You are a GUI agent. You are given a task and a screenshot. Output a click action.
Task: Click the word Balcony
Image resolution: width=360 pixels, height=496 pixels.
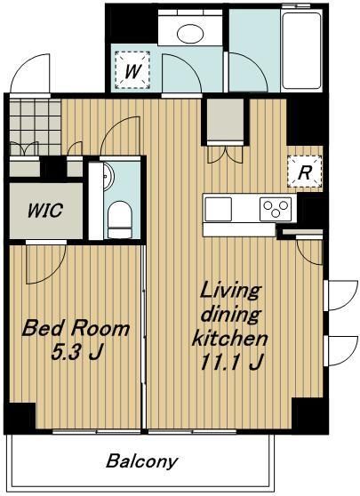[142, 461]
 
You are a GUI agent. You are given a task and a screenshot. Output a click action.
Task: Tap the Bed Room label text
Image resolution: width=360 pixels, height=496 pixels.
[76, 329]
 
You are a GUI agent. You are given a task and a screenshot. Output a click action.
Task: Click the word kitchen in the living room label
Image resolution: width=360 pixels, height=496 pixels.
[230, 339]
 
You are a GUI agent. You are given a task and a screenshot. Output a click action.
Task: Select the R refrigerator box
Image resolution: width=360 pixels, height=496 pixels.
[303, 172]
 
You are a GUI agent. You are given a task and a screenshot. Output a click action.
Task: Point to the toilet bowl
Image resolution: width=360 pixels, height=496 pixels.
[117, 217]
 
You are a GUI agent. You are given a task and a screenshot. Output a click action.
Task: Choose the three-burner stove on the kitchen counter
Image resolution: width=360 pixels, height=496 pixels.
[275, 210]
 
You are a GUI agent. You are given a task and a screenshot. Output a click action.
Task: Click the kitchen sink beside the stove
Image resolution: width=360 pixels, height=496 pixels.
[219, 210]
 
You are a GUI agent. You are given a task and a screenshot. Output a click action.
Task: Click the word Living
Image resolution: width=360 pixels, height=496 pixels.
[229, 291]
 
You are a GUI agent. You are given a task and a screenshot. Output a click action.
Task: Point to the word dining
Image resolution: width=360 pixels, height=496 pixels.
[229, 315]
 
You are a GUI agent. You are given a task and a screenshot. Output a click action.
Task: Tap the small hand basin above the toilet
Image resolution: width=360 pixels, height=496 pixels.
[106, 176]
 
